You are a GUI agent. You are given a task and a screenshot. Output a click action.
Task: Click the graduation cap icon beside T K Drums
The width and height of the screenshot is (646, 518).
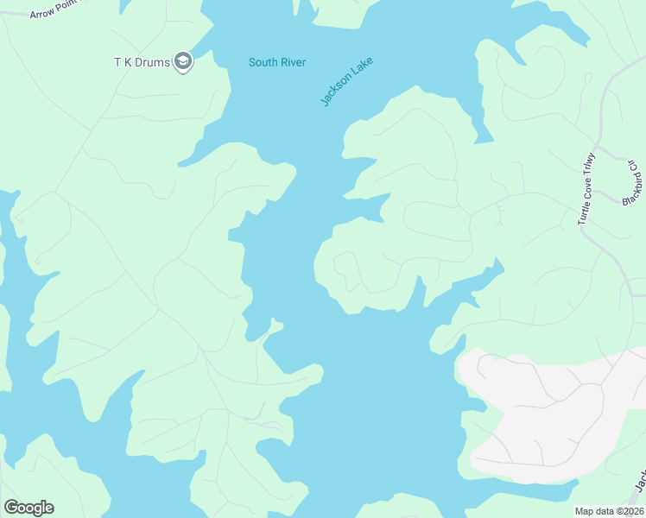pos(182,61)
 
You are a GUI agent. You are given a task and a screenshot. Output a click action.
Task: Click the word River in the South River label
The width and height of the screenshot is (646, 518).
pos(293,62)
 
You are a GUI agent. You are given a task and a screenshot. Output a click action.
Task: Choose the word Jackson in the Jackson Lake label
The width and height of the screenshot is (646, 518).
pos(332,92)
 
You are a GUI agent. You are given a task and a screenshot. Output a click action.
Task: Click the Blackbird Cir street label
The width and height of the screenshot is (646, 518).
pos(630,183)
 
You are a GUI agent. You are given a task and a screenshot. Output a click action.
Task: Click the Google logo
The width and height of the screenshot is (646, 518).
pos(28,508)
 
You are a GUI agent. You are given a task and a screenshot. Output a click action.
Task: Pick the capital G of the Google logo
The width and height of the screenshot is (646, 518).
pos(11,508)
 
